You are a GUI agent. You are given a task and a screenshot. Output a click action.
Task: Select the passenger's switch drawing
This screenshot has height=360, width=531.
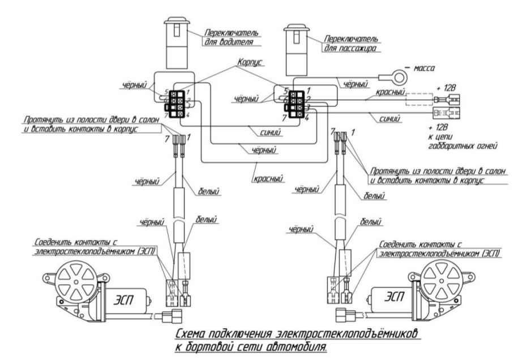(296, 50)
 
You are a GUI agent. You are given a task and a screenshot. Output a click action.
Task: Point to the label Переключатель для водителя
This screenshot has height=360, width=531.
(232, 37)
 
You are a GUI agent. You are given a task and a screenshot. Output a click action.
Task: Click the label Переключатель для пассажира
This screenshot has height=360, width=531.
(351, 43)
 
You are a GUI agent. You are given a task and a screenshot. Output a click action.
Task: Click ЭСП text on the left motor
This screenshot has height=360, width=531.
(123, 300)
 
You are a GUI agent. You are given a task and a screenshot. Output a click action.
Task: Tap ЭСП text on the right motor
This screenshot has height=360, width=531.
(394, 297)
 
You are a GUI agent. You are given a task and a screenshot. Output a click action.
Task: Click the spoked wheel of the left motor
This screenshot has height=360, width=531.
(76, 282)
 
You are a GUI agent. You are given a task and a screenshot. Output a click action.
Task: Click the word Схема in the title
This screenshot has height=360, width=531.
(191, 334)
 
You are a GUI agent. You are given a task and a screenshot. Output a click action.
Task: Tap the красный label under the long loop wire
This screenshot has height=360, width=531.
(268, 178)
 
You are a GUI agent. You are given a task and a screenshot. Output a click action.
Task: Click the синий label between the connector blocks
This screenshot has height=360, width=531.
(270, 132)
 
